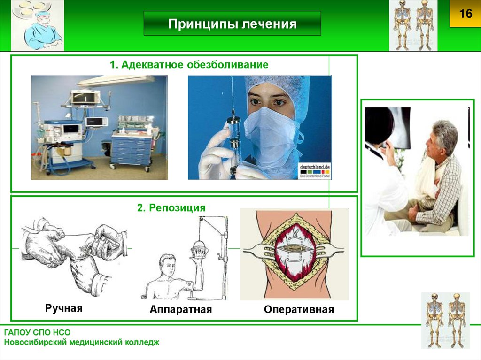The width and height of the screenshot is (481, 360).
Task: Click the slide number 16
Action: (x=465, y=14)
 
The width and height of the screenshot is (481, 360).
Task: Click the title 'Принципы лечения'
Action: (x=233, y=24)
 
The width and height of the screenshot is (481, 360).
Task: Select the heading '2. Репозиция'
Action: (x=171, y=207)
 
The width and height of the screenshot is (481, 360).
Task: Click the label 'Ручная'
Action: (x=64, y=308)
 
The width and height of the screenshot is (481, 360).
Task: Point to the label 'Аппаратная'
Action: (x=181, y=310)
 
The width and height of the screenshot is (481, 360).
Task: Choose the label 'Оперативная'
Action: (x=299, y=310)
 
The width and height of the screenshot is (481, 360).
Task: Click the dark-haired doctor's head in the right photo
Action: (x=380, y=124)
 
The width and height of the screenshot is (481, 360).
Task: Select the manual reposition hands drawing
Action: (x=73, y=256)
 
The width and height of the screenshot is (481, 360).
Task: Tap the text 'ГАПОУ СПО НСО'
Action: (x=38, y=332)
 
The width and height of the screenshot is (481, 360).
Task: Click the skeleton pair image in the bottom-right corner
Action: (x=445, y=319)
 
